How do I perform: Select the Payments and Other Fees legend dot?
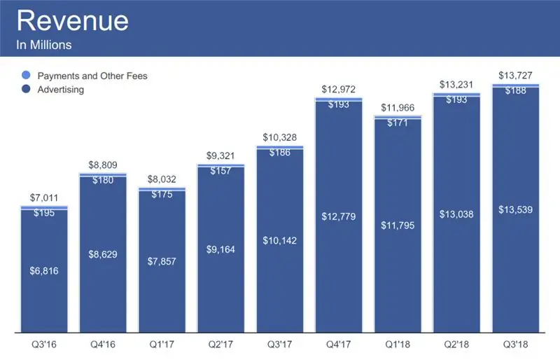(x=26, y=76)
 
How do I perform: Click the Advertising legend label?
(x=61, y=90)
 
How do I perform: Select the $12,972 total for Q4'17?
(x=339, y=89)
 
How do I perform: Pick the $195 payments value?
(x=43, y=213)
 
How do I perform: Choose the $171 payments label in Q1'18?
(x=398, y=123)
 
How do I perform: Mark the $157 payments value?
(x=220, y=171)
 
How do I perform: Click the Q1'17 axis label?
(x=162, y=344)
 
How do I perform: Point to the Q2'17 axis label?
(x=220, y=344)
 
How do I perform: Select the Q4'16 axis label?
(x=103, y=344)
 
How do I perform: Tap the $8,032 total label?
(x=162, y=179)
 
